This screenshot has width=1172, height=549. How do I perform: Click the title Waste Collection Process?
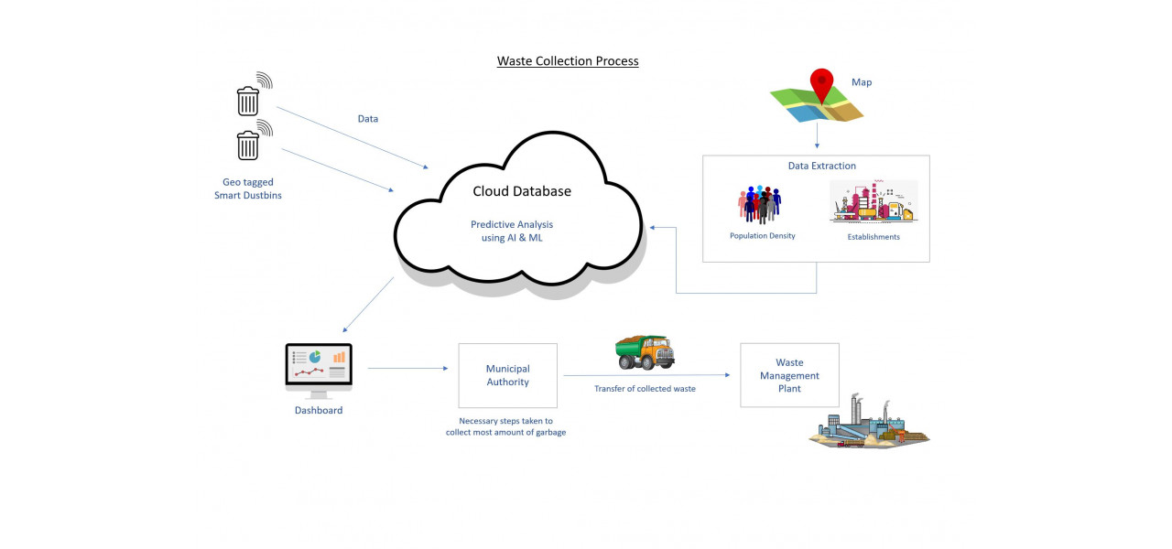[x=568, y=61]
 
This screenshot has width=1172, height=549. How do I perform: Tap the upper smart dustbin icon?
[x=248, y=100]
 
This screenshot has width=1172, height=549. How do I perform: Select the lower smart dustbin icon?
[x=248, y=145]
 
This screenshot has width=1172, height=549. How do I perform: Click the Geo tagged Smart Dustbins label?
[x=247, y=188]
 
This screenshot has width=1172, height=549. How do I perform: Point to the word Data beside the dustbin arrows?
[x=367, y=119]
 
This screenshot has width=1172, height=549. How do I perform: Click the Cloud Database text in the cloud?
[x=521, y=191]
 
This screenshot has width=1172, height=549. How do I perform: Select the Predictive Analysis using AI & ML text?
[x=512, y=231]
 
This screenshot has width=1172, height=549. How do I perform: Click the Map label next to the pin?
[x=862, y=82]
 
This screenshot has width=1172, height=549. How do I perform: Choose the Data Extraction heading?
[x=821, y=166]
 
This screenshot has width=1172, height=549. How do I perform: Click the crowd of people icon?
[x=759, y=205]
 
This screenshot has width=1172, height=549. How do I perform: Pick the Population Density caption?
[x=762, y=236]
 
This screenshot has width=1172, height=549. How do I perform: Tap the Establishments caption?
[x=874, y=237]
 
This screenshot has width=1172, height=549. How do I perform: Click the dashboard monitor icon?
[x=319, y=369]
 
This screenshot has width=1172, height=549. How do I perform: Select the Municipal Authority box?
[x=507, y=375]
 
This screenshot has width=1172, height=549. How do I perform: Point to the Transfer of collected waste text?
[x=645, y=389]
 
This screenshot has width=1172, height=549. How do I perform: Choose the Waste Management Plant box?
[x=789, y=375]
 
